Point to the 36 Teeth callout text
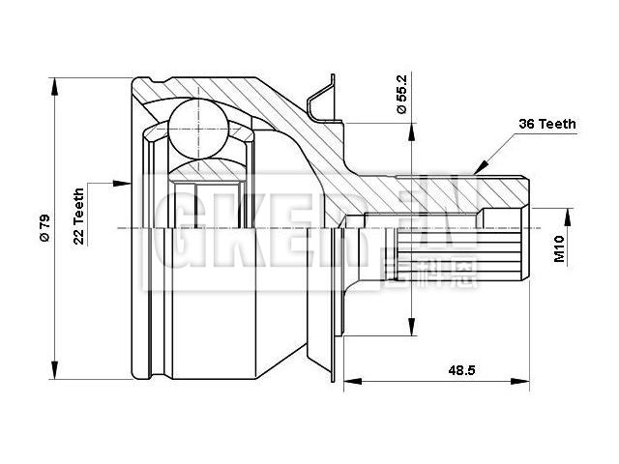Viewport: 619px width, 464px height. tap(547, 124)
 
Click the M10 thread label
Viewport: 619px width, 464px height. tap(560, 249)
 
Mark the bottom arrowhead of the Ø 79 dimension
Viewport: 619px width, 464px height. tap(55, 372)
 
